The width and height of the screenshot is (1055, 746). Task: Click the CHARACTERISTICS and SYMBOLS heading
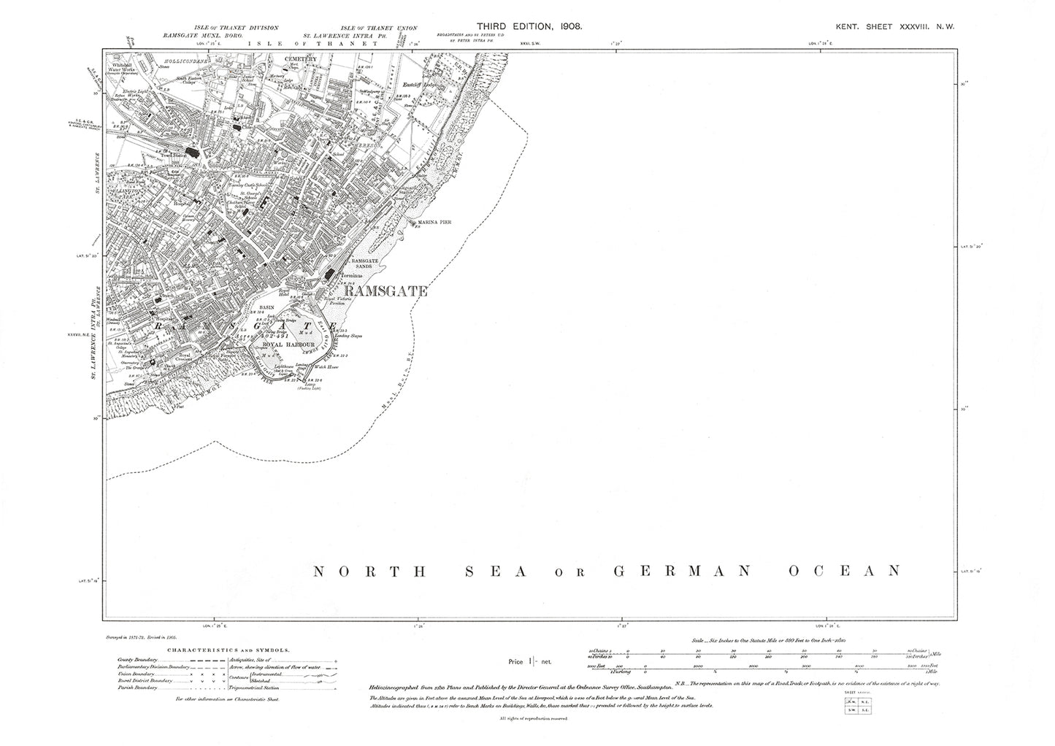pyautogui.click(x=229, y=649)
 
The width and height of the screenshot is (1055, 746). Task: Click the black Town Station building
pyautogui.click(x=193, y=153)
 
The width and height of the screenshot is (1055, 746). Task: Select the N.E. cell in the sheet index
pyautogui.click(x=862, y=701)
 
